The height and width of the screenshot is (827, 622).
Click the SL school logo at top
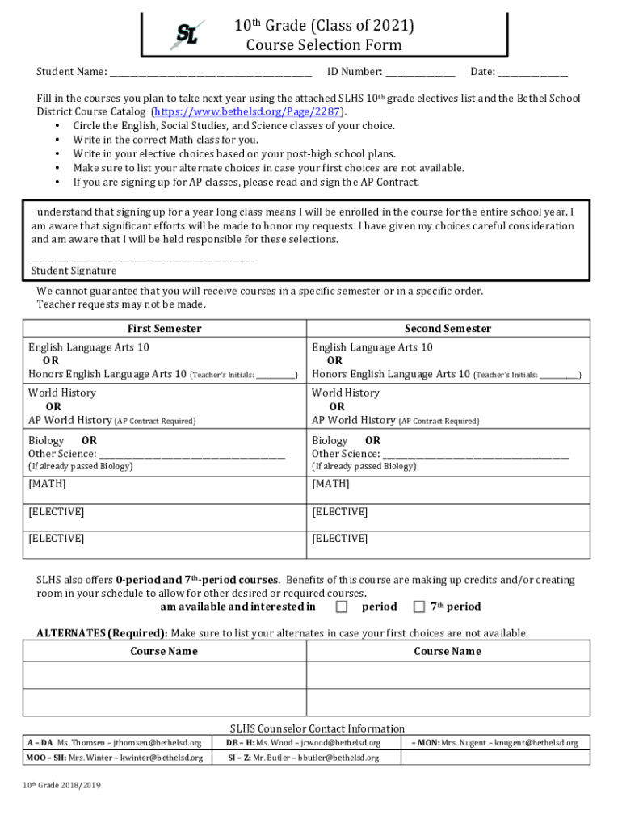click(x=187, y=36)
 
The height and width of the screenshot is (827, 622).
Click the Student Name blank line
click(x=210, y=73)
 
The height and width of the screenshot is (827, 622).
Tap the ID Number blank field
click(x=419, y=73)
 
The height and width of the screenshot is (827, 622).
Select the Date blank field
click(x=532, y=73)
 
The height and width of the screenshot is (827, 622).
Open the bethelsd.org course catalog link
click(x=248, y=111)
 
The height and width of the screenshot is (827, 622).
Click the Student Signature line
click(x=142, y=260)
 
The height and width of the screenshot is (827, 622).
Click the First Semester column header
click(x=165, y=328)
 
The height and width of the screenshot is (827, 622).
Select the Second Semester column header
click(x=448, y=328)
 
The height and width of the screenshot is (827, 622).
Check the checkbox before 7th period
click(x=419, y=607)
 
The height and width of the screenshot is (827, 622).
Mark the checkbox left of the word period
click(x=342, y=607)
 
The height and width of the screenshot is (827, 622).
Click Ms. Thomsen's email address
click(x=157, y=743)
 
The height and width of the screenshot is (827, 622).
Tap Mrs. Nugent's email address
click(x=536, y=743)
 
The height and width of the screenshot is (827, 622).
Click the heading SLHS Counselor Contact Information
click(x=317, y=728)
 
